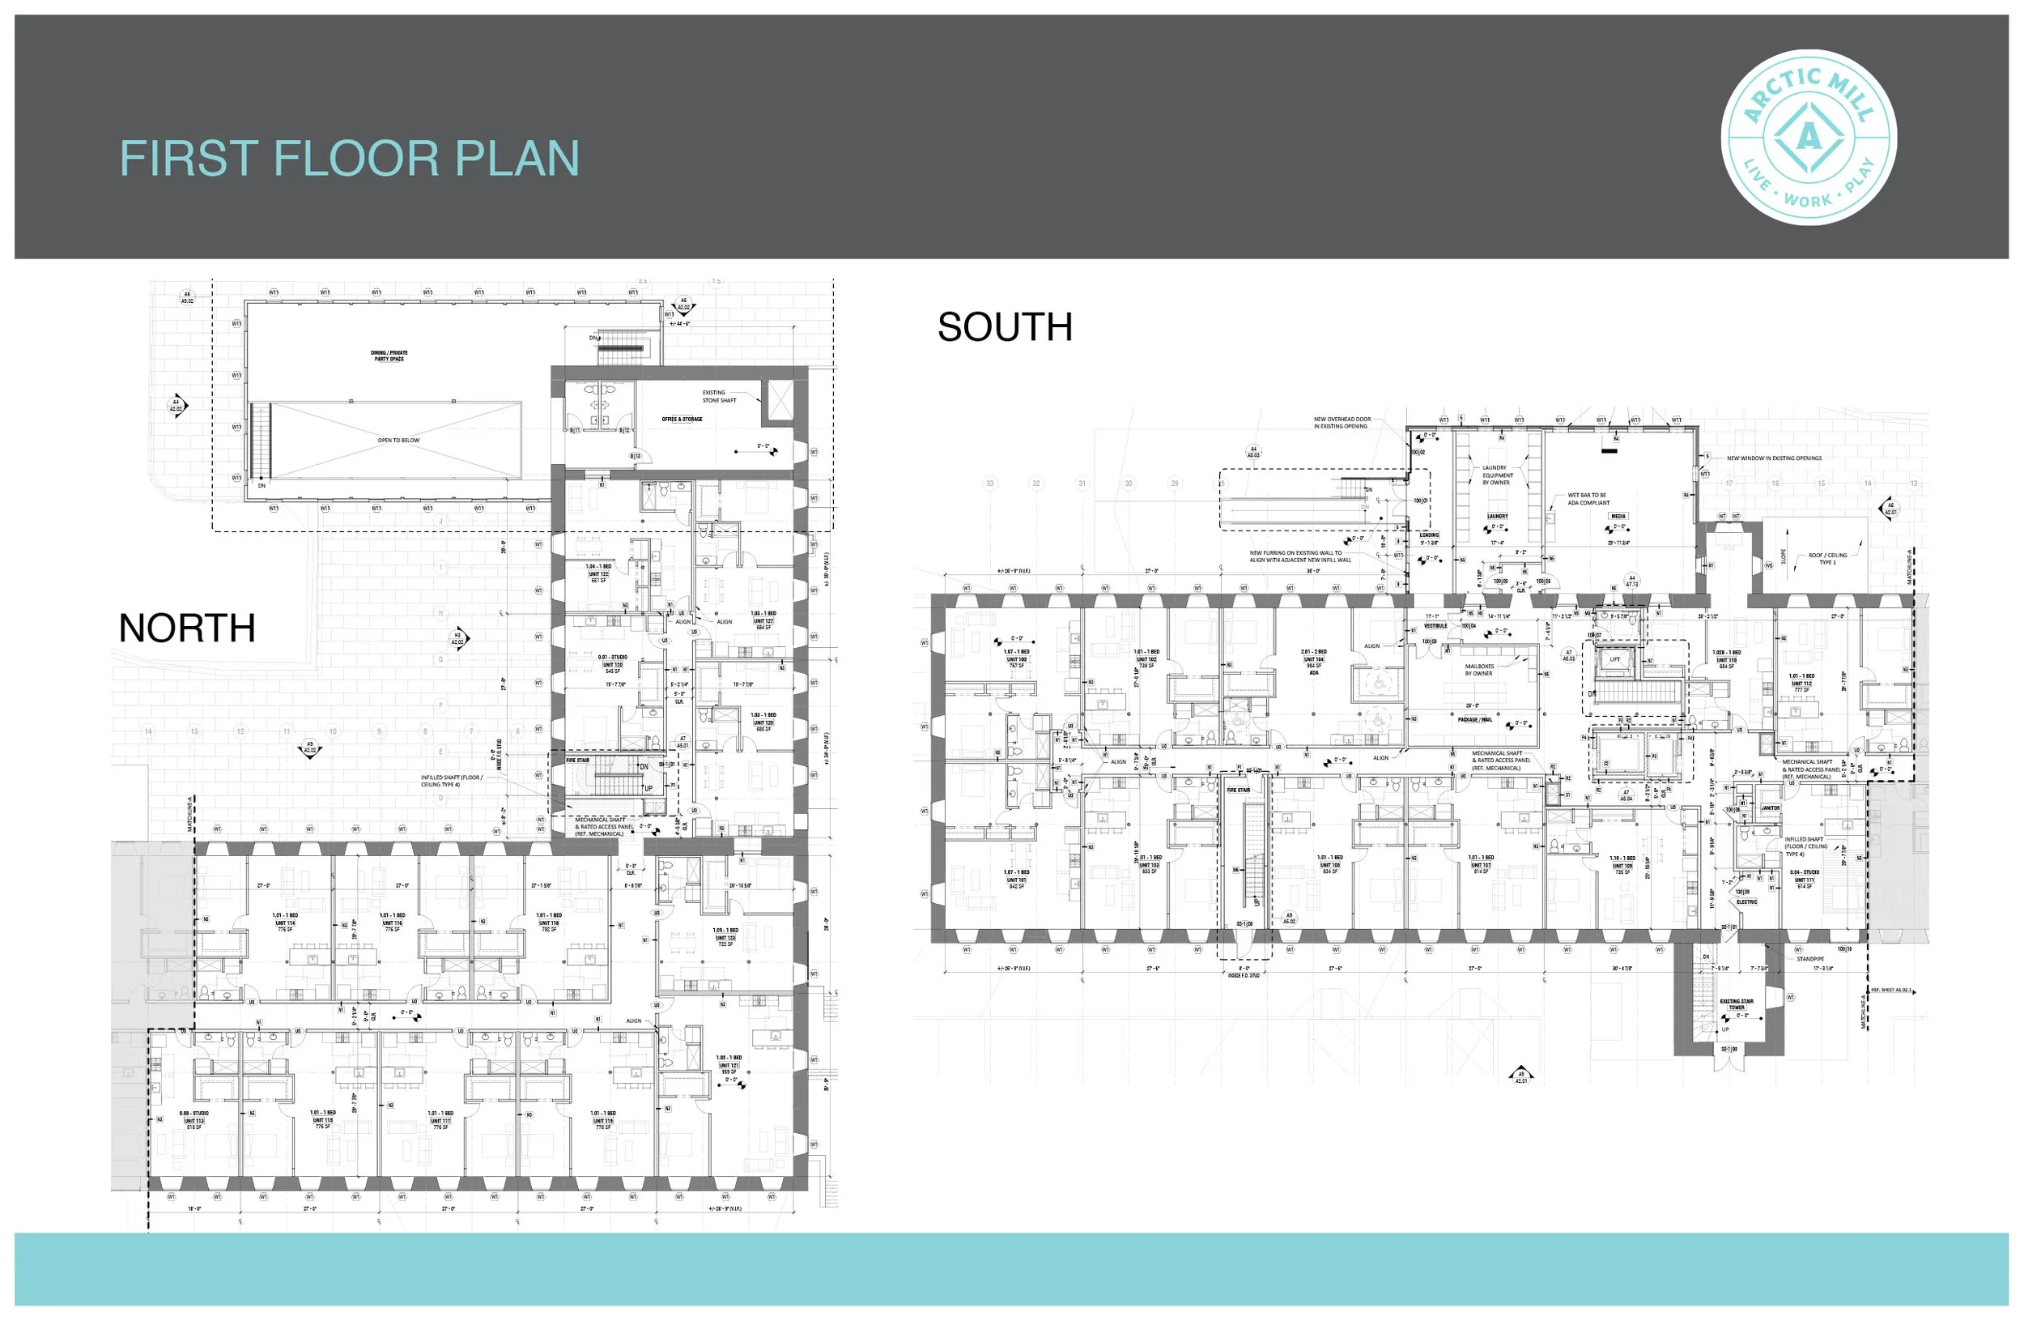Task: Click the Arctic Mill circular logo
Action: pos(1808,137)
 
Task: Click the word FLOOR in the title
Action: pos(355,159)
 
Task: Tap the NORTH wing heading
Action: pos(187,629)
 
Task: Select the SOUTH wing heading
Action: pos(1005,327)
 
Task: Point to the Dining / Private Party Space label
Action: pos(389,356)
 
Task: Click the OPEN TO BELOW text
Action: pos(398,441)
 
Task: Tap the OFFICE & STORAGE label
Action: pos(682,420)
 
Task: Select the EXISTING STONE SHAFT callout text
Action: pos(719,396)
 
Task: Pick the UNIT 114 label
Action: pos(285,923)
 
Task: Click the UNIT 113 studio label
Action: pos(193,1120)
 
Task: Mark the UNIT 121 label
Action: pos(729,1065)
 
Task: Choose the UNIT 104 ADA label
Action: pos(1314,659)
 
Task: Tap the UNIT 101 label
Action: pos(1016,880)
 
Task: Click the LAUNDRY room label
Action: pos(1498,516)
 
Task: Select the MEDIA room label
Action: pos(1618,516)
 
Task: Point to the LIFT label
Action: pos(1615,659)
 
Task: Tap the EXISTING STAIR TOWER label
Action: pos(1737,1004)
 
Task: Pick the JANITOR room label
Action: pos(1771,808)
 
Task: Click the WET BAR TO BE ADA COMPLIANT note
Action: pos(1588,498)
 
